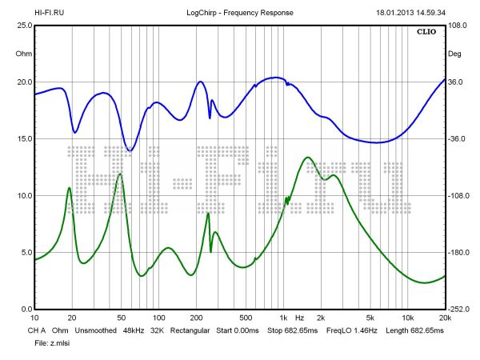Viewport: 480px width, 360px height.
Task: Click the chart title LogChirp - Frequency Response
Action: (x=239, y=14)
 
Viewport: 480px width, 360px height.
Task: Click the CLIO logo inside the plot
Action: (x=426, y=34)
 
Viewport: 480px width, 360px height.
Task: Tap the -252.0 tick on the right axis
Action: (x=458, y=310)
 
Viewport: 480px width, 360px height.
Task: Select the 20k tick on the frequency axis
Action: (x=444, y=318)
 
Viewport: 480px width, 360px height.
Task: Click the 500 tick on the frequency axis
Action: (x=246, y=318)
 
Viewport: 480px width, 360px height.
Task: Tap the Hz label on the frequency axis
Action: (x=299, y=318)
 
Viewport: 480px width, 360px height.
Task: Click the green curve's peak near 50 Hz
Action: (x=120, y=174)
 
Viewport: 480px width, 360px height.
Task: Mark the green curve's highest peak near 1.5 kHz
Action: (x=306, y=158)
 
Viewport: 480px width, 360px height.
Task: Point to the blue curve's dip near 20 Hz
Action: (x=74, y=132)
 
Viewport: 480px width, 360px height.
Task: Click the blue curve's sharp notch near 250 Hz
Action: (x=210, y=118)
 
